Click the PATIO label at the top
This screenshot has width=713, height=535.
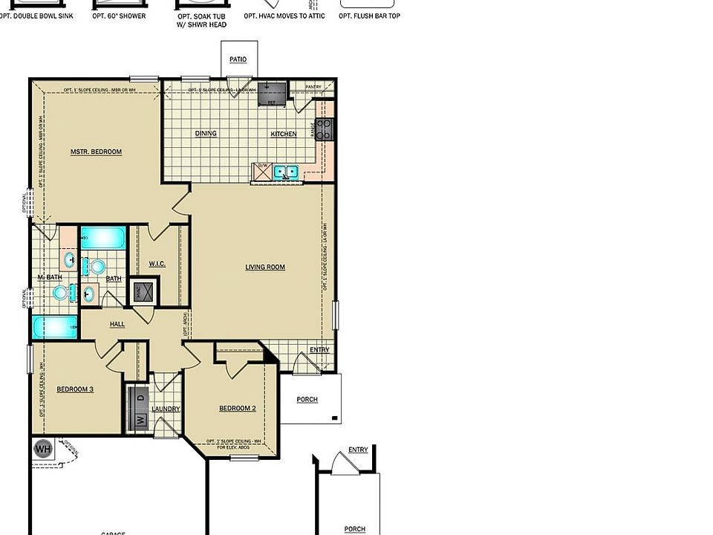(x=238, y=59)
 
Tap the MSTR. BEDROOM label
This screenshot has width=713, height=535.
(x=96, y=152)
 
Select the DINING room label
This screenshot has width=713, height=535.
(x=206, y=134)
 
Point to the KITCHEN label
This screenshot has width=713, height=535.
(x=283, y=134)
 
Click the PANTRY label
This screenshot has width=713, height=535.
(x=313, y=87)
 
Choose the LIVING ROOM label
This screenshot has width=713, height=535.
(x=265, y=267)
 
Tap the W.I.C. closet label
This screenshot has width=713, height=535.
(x=157, y=264)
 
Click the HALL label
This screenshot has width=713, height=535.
(x=117, y=324)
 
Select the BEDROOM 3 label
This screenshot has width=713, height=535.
(x=75, y=389)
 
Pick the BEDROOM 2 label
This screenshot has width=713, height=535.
(x=237, y=408)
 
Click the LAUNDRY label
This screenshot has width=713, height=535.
(x=166, y=409)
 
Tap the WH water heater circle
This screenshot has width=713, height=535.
(x=43, y=449)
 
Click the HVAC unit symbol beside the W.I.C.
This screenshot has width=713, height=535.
(x=145, y=292)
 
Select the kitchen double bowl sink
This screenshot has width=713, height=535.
(x=285, y=172)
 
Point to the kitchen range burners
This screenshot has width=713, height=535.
(x=325, y=130)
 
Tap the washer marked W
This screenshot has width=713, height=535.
(x=140, y=420)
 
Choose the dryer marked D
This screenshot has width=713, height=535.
(x=140, y=398)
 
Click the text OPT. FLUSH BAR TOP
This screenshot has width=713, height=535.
(x=369, y=16)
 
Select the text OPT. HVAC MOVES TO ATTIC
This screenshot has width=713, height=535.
(x=285, y=16)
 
